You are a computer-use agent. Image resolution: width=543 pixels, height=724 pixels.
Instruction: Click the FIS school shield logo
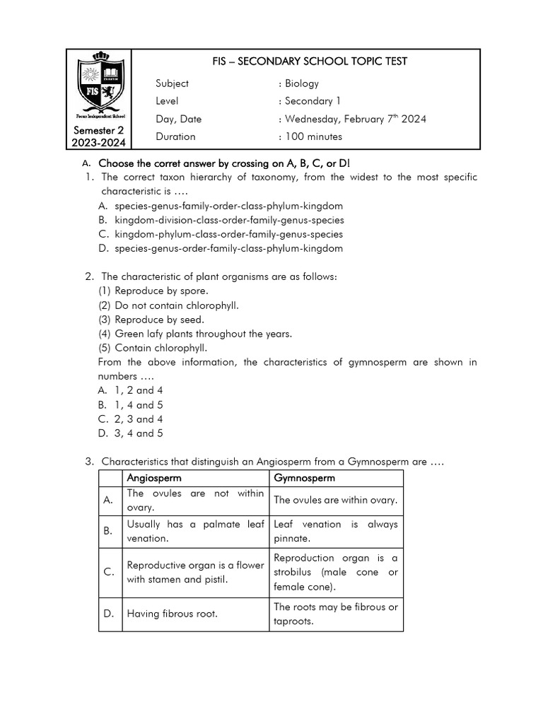[100, 88]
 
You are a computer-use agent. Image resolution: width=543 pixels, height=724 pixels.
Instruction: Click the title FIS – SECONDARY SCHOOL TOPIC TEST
[310, 62]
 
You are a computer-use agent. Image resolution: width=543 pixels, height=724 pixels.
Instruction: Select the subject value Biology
[302, 83]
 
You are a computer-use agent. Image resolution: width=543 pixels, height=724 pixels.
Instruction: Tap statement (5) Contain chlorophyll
[153, 348]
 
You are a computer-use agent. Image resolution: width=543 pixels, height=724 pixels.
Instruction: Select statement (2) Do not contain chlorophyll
[168, 305]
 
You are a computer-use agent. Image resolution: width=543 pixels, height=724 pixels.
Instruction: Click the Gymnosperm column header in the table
[305, 478]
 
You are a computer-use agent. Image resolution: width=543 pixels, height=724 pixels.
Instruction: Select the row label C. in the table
[109, 572]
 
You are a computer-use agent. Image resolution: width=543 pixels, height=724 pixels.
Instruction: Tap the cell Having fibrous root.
[172, 614]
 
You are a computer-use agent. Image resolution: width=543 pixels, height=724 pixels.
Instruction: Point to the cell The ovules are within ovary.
[335, 500]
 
